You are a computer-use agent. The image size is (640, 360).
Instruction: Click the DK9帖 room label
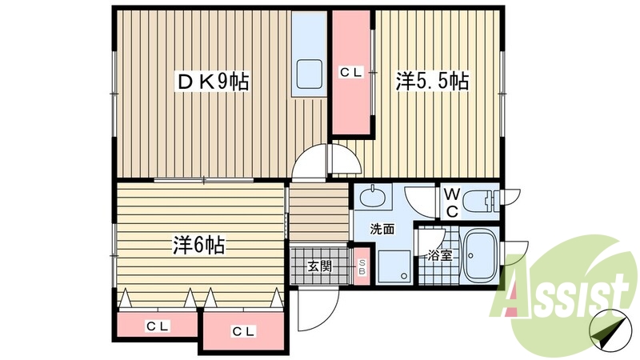(213, 81)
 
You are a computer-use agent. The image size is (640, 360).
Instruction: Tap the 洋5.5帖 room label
(432, 81)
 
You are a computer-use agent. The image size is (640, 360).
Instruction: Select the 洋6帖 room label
(198, 246)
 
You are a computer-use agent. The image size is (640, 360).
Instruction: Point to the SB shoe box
(362, 267)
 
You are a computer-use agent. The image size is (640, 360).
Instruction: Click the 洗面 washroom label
(381, 229)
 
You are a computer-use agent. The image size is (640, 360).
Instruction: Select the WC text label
(451, 203)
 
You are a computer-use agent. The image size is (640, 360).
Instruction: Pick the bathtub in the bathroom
(480, 255)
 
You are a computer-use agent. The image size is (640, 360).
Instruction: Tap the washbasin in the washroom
(374, 198)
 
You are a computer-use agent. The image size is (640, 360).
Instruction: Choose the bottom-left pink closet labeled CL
(157, 326)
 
